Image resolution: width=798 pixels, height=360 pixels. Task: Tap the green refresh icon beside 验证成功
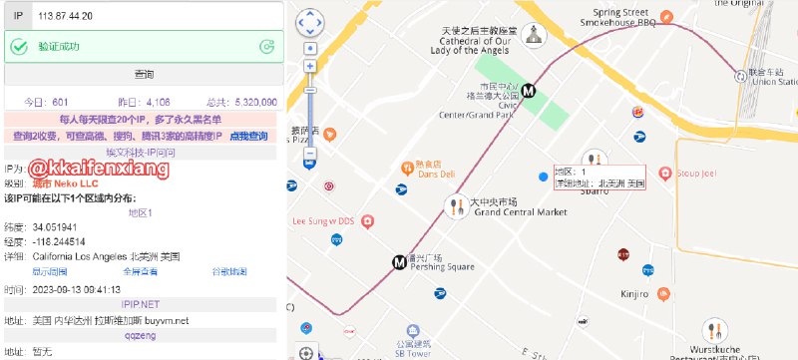pyautogui.click(x=266, y=46)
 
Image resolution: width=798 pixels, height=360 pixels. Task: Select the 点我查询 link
pyautogui.click(x=249, y=137)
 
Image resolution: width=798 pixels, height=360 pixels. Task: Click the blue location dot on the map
pyautogui.click(x=543, y=177)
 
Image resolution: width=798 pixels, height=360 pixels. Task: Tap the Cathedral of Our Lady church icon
pyautogui.click(x=533, y=35)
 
